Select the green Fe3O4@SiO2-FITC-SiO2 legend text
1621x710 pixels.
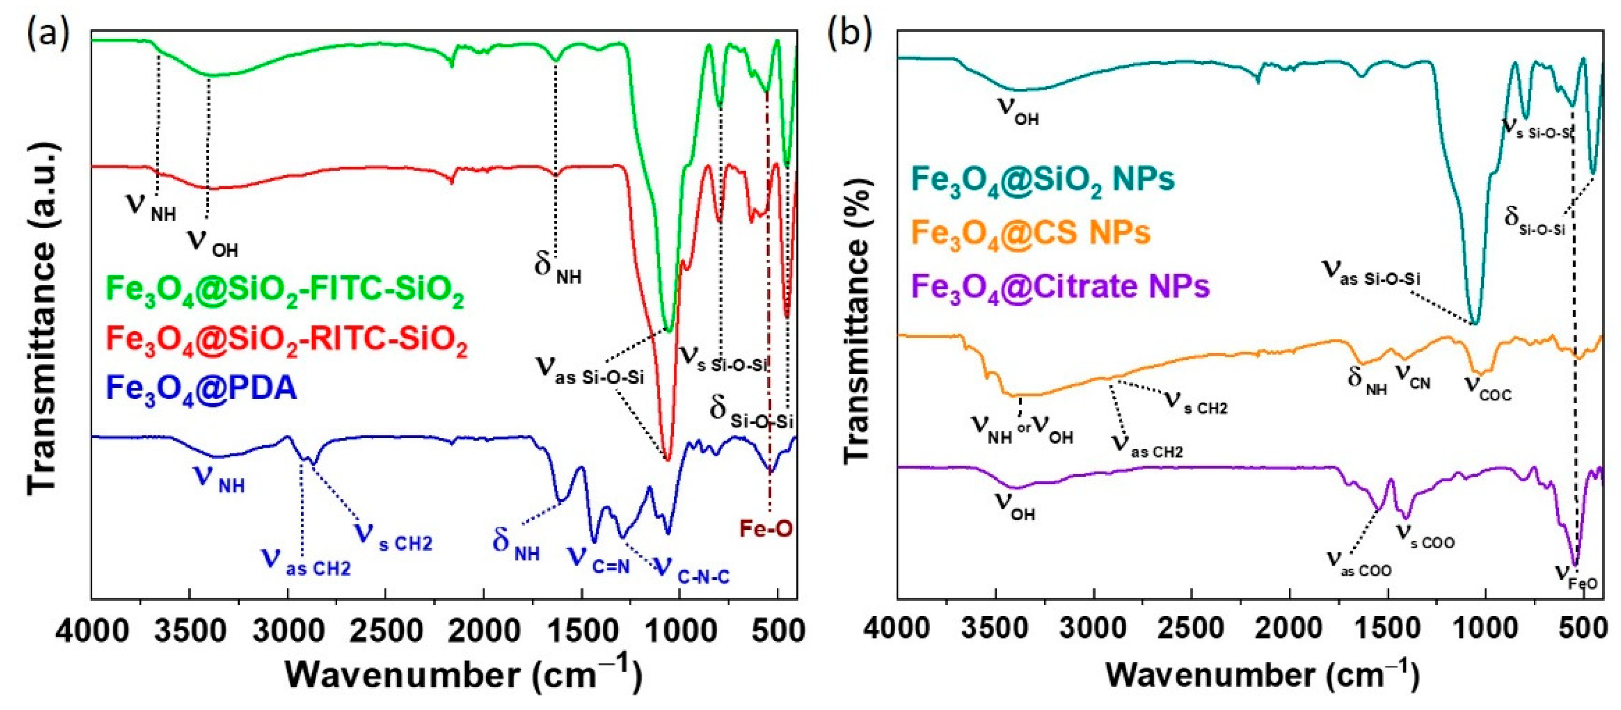tap(285, 291)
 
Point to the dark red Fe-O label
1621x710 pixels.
tap(765, 529)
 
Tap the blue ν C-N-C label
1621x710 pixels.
tap(692, 570)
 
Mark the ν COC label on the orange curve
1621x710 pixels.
tap(1488, 387)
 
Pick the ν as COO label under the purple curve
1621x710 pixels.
tap(1359, 564)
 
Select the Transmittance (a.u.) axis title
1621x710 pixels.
tap(43, 318)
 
